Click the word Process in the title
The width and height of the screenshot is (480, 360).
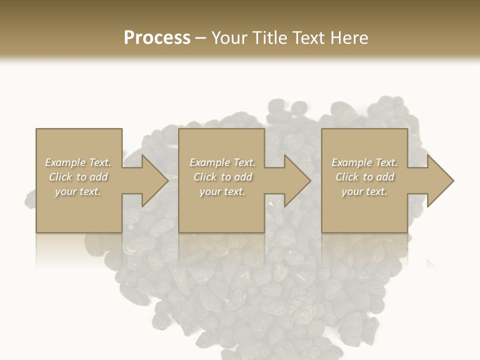pos(157,38)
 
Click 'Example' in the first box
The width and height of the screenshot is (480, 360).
pos(65,162)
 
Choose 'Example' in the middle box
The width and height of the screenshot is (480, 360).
pos(209,162)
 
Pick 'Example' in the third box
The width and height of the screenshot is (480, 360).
pos(351,162)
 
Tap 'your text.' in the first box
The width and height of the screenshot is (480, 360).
pos(78,191)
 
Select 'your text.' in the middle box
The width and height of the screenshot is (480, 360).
pos(222,191)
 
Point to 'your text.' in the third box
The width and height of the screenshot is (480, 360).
pos(364,191)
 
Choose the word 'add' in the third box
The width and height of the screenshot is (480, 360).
pos(385,177)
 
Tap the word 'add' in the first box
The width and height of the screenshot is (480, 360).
pos(98,177)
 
